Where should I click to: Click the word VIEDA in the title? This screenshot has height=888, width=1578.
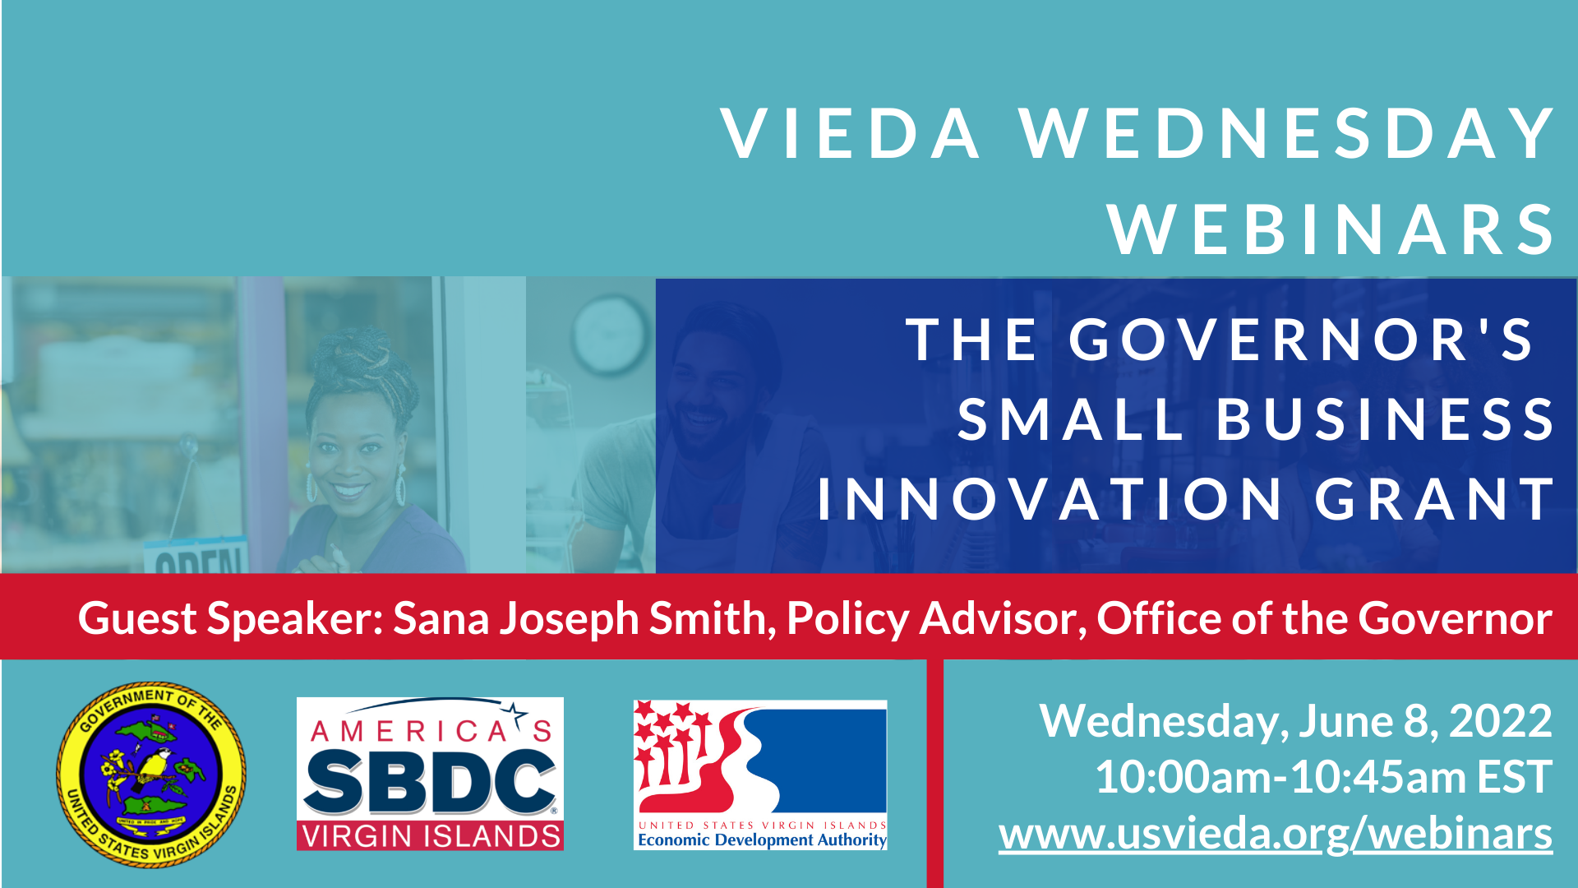tap(851, 133)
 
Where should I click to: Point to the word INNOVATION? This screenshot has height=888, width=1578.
tap(1050, 498)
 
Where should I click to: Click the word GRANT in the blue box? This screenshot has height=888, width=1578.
tap(1434, 498)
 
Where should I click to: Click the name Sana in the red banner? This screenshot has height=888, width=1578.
tap(443, 618)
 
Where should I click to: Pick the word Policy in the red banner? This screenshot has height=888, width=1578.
tap(848, 618)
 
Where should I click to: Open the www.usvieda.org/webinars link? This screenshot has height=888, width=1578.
tap(1276, 834)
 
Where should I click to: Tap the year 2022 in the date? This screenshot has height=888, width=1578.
tap(1501, 721)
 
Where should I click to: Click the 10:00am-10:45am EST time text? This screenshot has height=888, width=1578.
tap(1324, 777)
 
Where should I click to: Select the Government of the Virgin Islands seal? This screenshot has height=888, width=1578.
tap(151, 775)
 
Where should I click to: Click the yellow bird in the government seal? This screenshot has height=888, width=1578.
tap(154, 768)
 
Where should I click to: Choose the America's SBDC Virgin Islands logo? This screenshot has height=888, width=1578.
tap(430, 774)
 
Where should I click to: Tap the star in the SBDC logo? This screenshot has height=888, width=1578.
tap(515, 713)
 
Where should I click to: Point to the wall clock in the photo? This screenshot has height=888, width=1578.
tap(610, 335)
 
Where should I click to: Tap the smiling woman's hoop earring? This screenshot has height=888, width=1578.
tap(400, 486)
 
